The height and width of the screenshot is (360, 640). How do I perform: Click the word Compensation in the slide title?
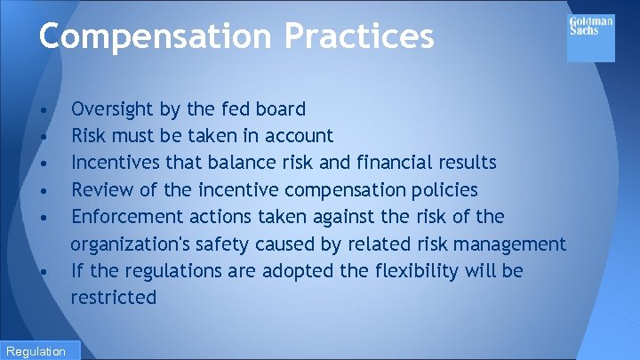point(154,36)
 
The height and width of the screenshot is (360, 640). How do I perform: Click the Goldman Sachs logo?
point(590,37)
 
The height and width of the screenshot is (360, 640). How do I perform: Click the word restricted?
point(114,297)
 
